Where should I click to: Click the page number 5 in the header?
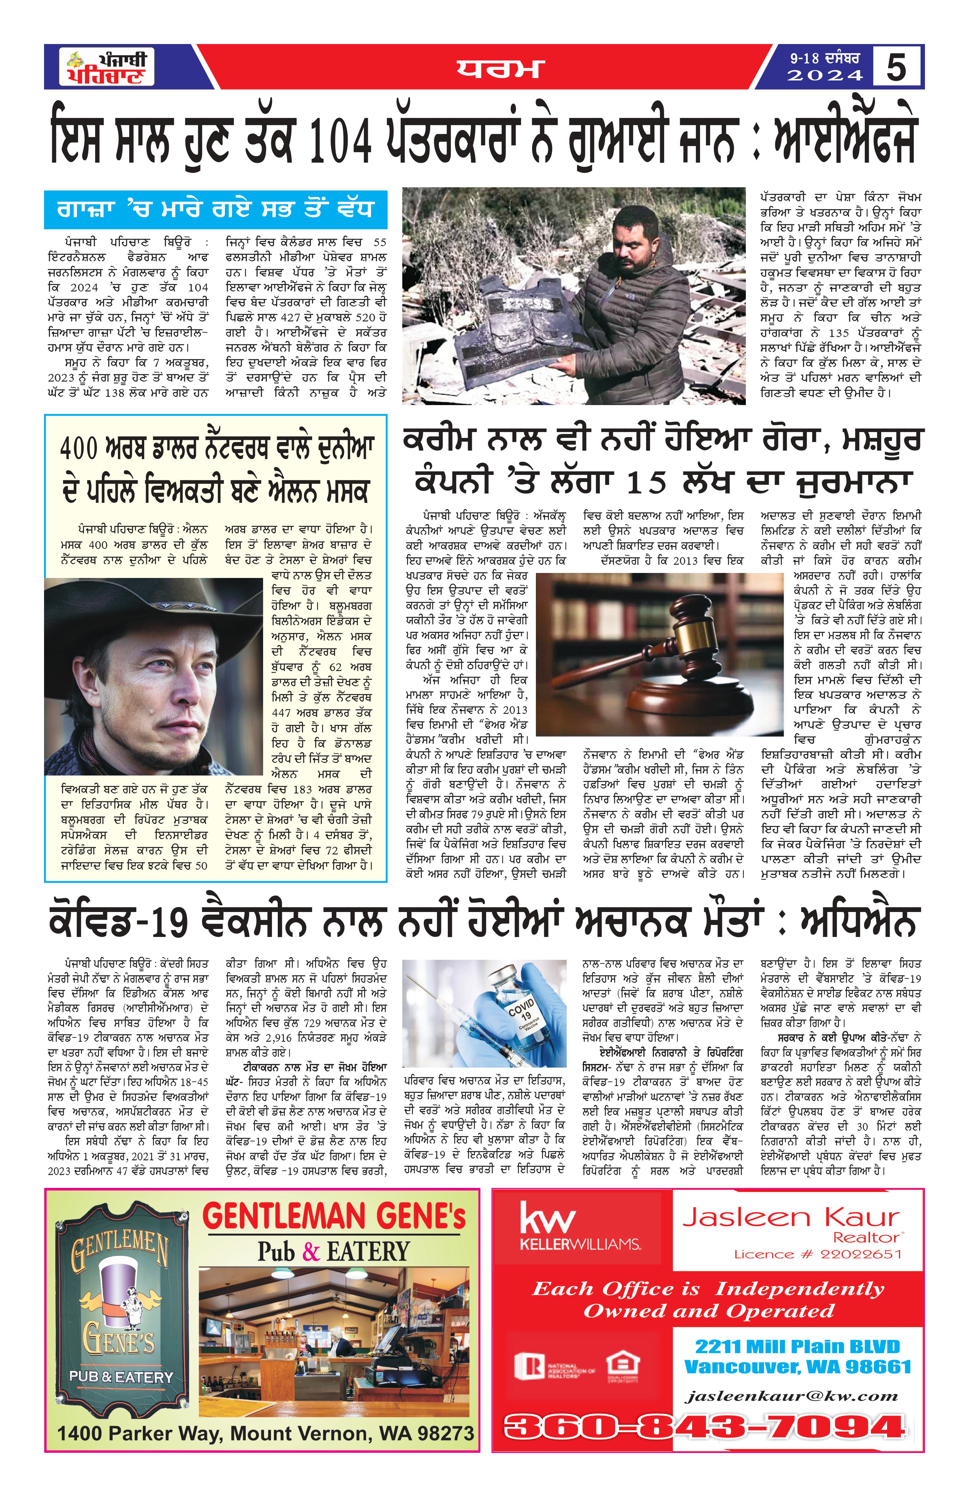896,67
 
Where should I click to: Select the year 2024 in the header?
824,75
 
